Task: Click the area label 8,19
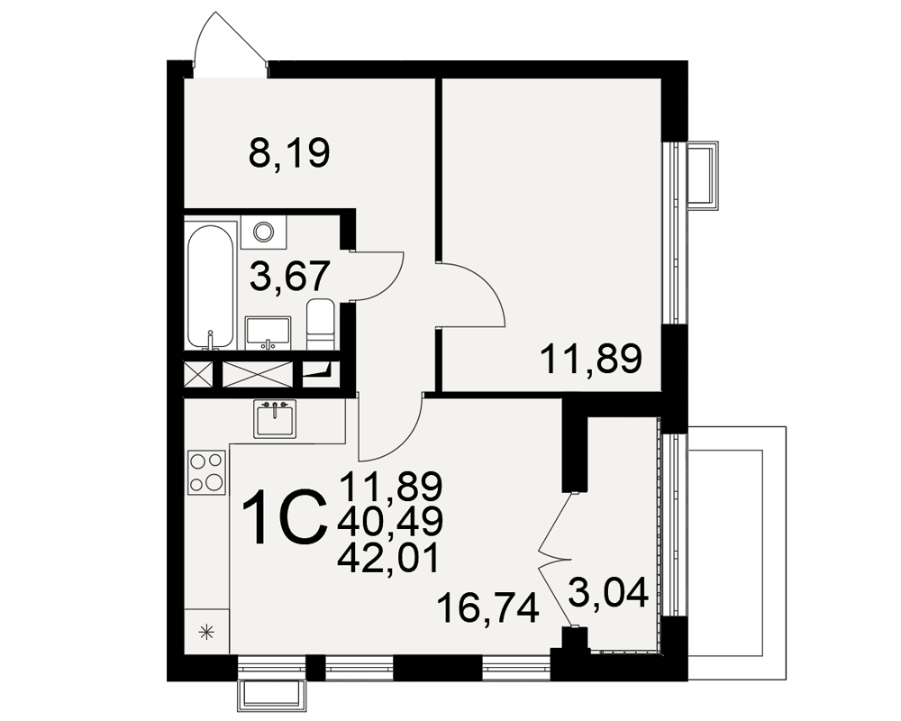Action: click(x=289, y=154)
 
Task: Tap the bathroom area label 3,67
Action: click(x=290, y=277)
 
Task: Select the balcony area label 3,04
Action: click(x=608, y=592)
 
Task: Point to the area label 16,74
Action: click(x=487, y=609)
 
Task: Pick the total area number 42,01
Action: click(x=388, y=558)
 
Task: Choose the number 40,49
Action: click(x=391, y=522)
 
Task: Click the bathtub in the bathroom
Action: click(x=211, y=286)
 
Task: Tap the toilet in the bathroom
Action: click(x=321, y=324)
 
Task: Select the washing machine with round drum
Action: click(x=264, y=233)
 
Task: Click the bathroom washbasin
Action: click(x=268, y=333)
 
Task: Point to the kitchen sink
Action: click(x=275, y=419)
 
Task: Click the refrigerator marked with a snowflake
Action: click(x=206, y=631)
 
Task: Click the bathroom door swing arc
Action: click(x=379, y=276)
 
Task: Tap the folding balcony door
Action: click(x=555, y=559)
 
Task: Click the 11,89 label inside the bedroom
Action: click(x=591, y=359)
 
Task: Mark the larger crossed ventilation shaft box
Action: click(x=258, y=375)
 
